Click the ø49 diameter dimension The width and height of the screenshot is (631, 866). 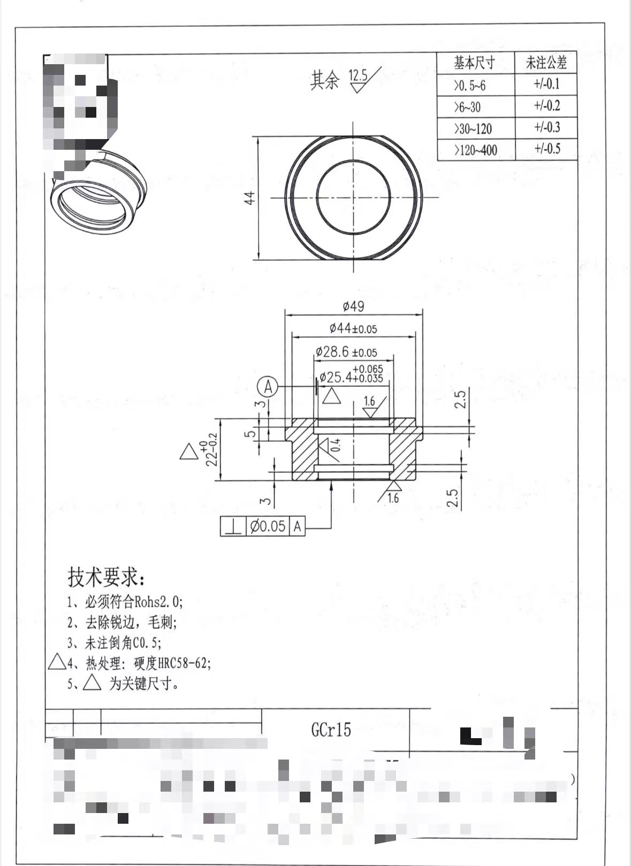[353, 306]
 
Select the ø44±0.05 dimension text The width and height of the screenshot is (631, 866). [353, 328]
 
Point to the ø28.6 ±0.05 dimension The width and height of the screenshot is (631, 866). [346, 352]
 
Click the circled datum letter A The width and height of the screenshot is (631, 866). [268, 386]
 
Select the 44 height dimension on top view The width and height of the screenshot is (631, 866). [250, 198]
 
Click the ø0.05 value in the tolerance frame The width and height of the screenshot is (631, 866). [268, 526]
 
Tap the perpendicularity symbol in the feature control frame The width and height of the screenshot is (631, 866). [233, 526]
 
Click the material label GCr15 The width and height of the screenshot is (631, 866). [331, 730]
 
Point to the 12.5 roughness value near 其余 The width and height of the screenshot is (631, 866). [358, 75]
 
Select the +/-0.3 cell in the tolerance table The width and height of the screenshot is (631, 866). [546, 127]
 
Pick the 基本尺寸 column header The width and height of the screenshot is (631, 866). [474, 63]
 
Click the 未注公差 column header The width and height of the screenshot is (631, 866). [546, 63]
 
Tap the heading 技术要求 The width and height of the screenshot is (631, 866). [105, 577]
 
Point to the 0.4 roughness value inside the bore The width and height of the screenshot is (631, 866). [335, 445]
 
